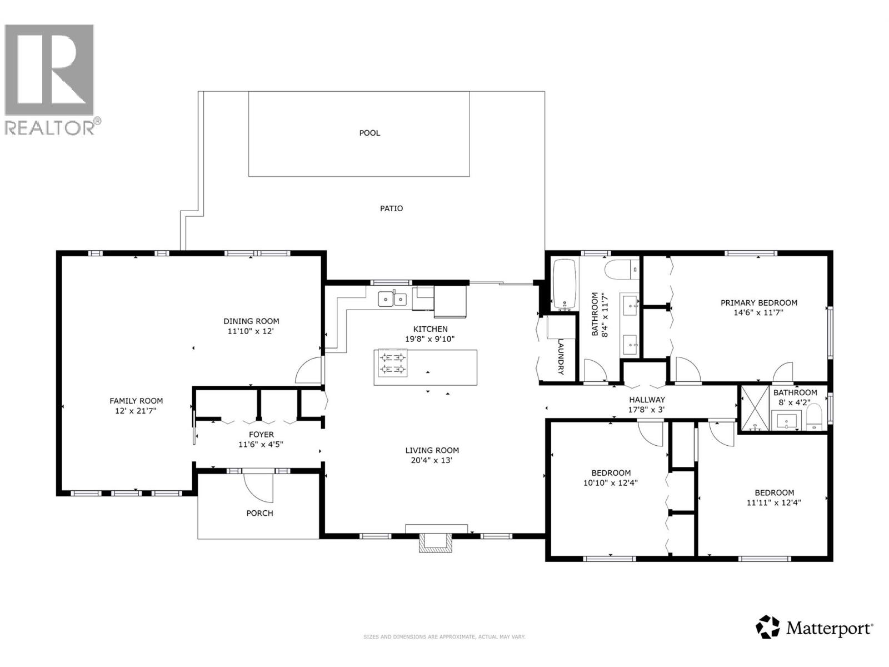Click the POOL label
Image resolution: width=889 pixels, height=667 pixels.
coord(369,133)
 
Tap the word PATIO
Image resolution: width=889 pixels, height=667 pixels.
coord(391,208)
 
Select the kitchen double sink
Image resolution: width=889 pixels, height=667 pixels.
coord(392,299)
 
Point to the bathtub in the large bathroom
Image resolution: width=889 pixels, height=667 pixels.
coord(566,284)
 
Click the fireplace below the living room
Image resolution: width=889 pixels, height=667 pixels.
coord(436,542)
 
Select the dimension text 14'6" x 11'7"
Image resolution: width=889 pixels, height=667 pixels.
coord(758,312)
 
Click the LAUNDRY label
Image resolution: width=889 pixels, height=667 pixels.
coord(561,356)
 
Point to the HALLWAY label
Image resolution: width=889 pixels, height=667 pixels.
coord(647,400)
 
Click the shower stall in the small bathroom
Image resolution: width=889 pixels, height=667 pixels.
coord(755,409)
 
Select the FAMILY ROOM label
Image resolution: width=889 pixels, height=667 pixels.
coord(136,401)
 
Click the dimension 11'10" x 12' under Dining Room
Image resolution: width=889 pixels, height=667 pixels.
coord(251,331)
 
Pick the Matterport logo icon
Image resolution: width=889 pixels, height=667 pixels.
coord(768,627)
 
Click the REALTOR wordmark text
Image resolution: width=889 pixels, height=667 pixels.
coord(51,128)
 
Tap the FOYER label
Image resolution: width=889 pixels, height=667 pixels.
coord(261,435)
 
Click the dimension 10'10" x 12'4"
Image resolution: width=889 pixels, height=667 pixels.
coord(610,483)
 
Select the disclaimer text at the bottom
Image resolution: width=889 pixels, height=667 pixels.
coord(444,637)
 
